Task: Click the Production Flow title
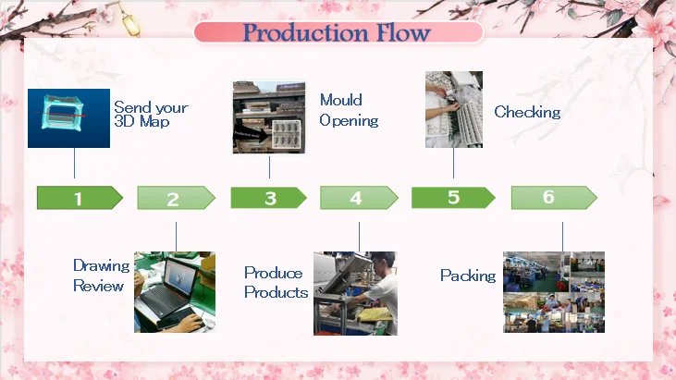coord(337,33)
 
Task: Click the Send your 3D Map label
coord(151,115)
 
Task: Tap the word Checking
coord(527,113)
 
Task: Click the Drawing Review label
coord(98,276)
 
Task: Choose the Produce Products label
coord(276,283)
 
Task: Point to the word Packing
coord(468,276)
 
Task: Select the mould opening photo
coord(269,116)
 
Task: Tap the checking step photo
coord(454,109)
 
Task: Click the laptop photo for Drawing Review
coord(175,291)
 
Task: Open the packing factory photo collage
coord(553,291)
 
